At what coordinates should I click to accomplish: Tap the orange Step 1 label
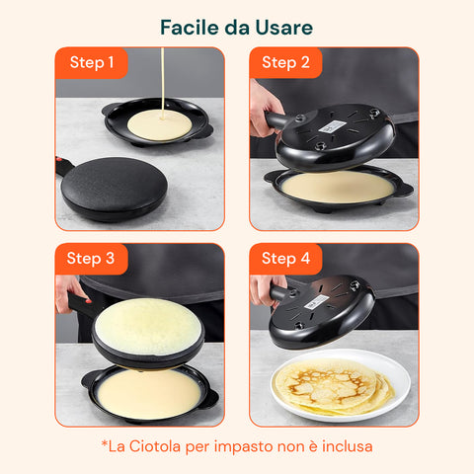(x=91, y=63)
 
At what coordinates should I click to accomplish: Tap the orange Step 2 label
(x=285, y=63)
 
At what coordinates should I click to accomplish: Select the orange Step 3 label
(x=91, y=259)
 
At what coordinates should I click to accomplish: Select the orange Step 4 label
(x=285, y=259)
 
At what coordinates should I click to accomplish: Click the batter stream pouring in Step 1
(x=161, y=79)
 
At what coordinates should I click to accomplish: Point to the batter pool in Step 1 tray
(x=159, y=123)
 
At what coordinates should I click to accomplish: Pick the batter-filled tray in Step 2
(x=338, y=188)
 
